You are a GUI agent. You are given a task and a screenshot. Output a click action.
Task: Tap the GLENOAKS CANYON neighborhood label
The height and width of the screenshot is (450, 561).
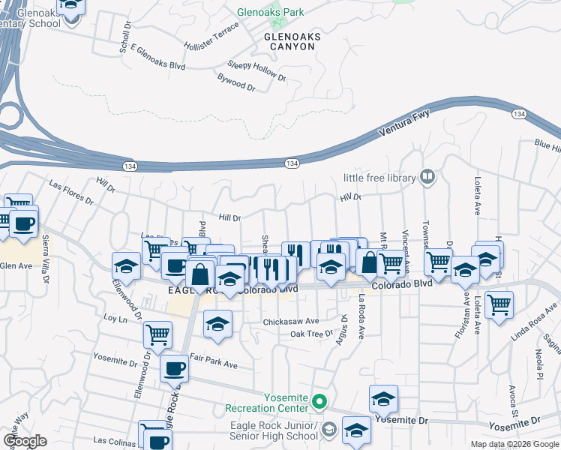(292, 41)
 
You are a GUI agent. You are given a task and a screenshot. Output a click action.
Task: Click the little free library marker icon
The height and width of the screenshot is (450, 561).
(427, 177)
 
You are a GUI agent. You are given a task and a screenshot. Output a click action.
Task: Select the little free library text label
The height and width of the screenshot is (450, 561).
(379, 178)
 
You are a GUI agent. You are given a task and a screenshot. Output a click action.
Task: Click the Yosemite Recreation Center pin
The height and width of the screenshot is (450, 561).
(319, 402)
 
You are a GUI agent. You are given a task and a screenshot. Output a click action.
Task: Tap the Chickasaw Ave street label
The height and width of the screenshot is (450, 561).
(290, 321)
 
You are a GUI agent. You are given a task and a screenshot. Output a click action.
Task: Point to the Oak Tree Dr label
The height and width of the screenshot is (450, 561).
(311, 334)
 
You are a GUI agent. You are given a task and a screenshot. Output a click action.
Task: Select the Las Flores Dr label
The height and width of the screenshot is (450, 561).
(71, 192)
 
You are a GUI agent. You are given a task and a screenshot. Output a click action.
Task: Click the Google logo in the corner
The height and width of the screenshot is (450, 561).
(25, 440)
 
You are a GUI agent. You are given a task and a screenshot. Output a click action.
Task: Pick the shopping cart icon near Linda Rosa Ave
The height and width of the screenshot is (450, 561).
(499, 305)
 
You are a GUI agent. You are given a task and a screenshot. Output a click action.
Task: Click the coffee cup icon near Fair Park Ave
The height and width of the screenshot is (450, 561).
(175, 367)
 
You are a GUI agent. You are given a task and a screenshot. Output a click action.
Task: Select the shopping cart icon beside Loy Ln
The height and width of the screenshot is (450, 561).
(157, 333)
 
